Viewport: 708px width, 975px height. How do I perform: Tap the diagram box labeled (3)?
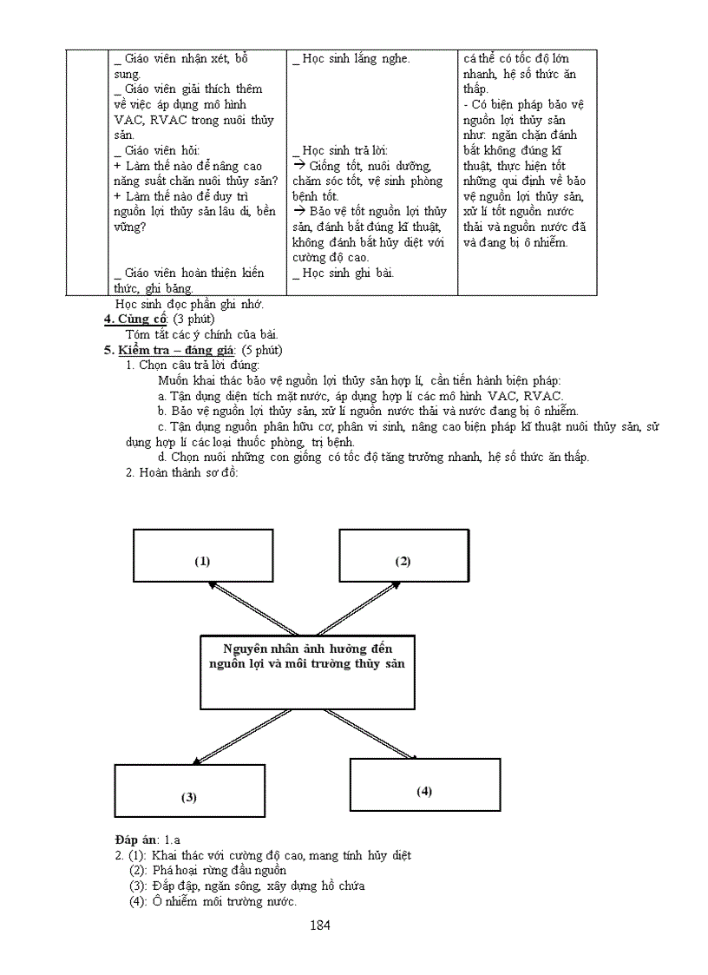pos(189,790)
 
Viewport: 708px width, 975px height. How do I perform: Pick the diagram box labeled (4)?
pos(424,785)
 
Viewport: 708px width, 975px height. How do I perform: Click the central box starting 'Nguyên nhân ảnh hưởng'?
pos(306,672)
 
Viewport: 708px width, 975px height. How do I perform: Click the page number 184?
pos(320,926)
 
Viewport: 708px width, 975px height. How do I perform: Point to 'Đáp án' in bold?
pos(134,840)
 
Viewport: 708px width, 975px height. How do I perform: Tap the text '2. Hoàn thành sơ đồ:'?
pos(182,472)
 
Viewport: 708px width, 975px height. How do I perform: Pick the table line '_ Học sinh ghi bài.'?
pos(343,273)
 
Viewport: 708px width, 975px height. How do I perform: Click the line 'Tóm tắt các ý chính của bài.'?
pos(202,334)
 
